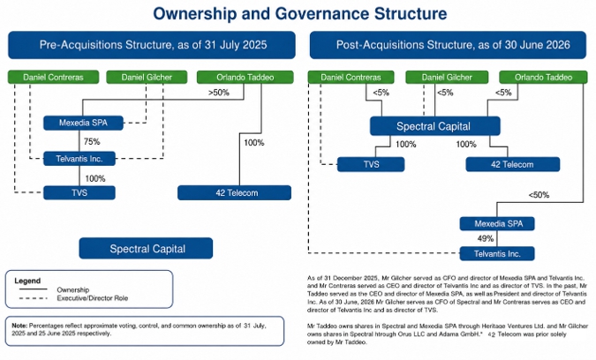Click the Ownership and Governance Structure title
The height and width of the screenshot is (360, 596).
tap(300, 13)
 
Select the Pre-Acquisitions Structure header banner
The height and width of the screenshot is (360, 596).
tap(152, 45)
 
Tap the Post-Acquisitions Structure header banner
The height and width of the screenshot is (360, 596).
tap(448, 45)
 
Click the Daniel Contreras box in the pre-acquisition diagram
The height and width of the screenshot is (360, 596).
tap(53, 77)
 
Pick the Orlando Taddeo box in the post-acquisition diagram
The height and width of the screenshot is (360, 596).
tap(543, 77)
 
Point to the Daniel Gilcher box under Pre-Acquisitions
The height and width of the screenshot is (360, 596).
tap(147, 77)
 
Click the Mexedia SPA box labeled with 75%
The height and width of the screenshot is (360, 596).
tap(83, 123)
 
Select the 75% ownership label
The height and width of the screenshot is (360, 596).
tap(92, 142)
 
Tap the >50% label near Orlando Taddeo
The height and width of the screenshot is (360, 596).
tap(219, 93)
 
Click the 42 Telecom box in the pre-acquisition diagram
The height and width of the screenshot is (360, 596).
tap(234, 192)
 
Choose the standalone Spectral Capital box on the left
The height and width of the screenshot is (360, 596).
tap(146, 248)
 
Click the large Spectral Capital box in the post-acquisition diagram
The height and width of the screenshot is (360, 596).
tap(434, 126)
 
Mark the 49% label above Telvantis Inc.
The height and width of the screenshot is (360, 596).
tap(486, 238)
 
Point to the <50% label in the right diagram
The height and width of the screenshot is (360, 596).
tap(539, 195)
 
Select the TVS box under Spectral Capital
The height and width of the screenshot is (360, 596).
tap(371, 164)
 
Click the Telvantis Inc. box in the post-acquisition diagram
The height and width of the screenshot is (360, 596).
tap(497, 253)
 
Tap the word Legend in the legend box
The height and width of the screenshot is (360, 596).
tap(27, 281)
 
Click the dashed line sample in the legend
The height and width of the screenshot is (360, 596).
tap(33, 298)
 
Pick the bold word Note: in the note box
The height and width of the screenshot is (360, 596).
tap(19, 326)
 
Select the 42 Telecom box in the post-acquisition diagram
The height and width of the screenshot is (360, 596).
tap(513, 164)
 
